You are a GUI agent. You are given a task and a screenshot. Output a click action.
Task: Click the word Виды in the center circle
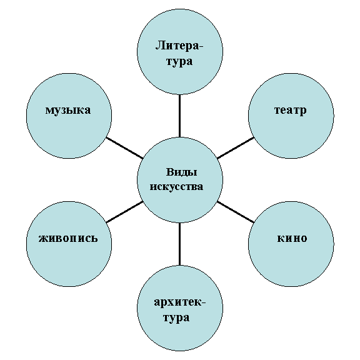click(x=181, y=172)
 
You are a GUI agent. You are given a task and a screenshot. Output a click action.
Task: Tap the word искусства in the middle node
click(x=176, y=186)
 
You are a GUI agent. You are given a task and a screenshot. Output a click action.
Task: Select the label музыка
click(x=68, y=111)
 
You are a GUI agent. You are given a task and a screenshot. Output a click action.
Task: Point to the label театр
click(x=291, y=110)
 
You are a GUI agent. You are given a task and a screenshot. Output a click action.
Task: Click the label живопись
click(x=68, y=238)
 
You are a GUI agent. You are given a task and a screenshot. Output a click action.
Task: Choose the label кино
click(x=292, y=238)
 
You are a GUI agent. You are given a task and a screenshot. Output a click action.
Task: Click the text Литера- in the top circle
click(x=179, y=45)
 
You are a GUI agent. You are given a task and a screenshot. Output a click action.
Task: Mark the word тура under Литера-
click(x=179, y=61)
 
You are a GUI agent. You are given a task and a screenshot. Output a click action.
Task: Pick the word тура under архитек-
click(x=176, y=318)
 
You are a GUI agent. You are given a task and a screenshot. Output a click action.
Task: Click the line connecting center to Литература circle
click(x=179, y=116)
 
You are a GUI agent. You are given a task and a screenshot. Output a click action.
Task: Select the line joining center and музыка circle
click(x=124, y=148)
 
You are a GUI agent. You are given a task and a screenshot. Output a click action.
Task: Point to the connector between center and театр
click(x=236, y=148)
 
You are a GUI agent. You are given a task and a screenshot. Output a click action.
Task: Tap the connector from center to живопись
click(x=124, y=212)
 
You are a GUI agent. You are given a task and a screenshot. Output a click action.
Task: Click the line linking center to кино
click(x=236, y=212)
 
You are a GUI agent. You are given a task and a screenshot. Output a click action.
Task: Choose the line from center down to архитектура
click(x=179, y=244)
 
